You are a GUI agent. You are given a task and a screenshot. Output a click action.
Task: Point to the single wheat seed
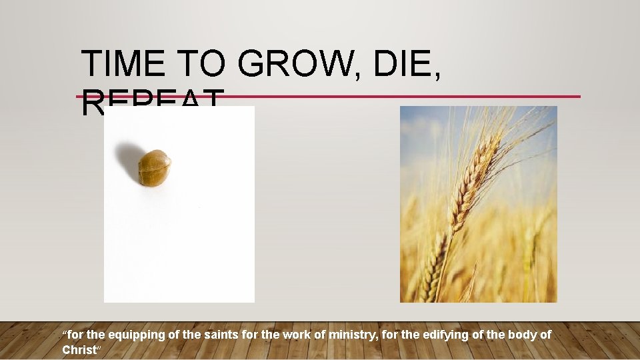click(154, 167)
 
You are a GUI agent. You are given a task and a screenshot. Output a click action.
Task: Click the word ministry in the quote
click(351, 335)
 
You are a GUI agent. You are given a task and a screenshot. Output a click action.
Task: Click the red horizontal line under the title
click(400, 96)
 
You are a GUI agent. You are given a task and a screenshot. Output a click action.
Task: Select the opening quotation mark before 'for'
click(64, 333)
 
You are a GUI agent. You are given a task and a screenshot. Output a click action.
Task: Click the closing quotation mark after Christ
click(99, 348)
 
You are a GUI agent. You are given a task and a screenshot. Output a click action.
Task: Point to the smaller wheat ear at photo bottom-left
click(433, 267)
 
